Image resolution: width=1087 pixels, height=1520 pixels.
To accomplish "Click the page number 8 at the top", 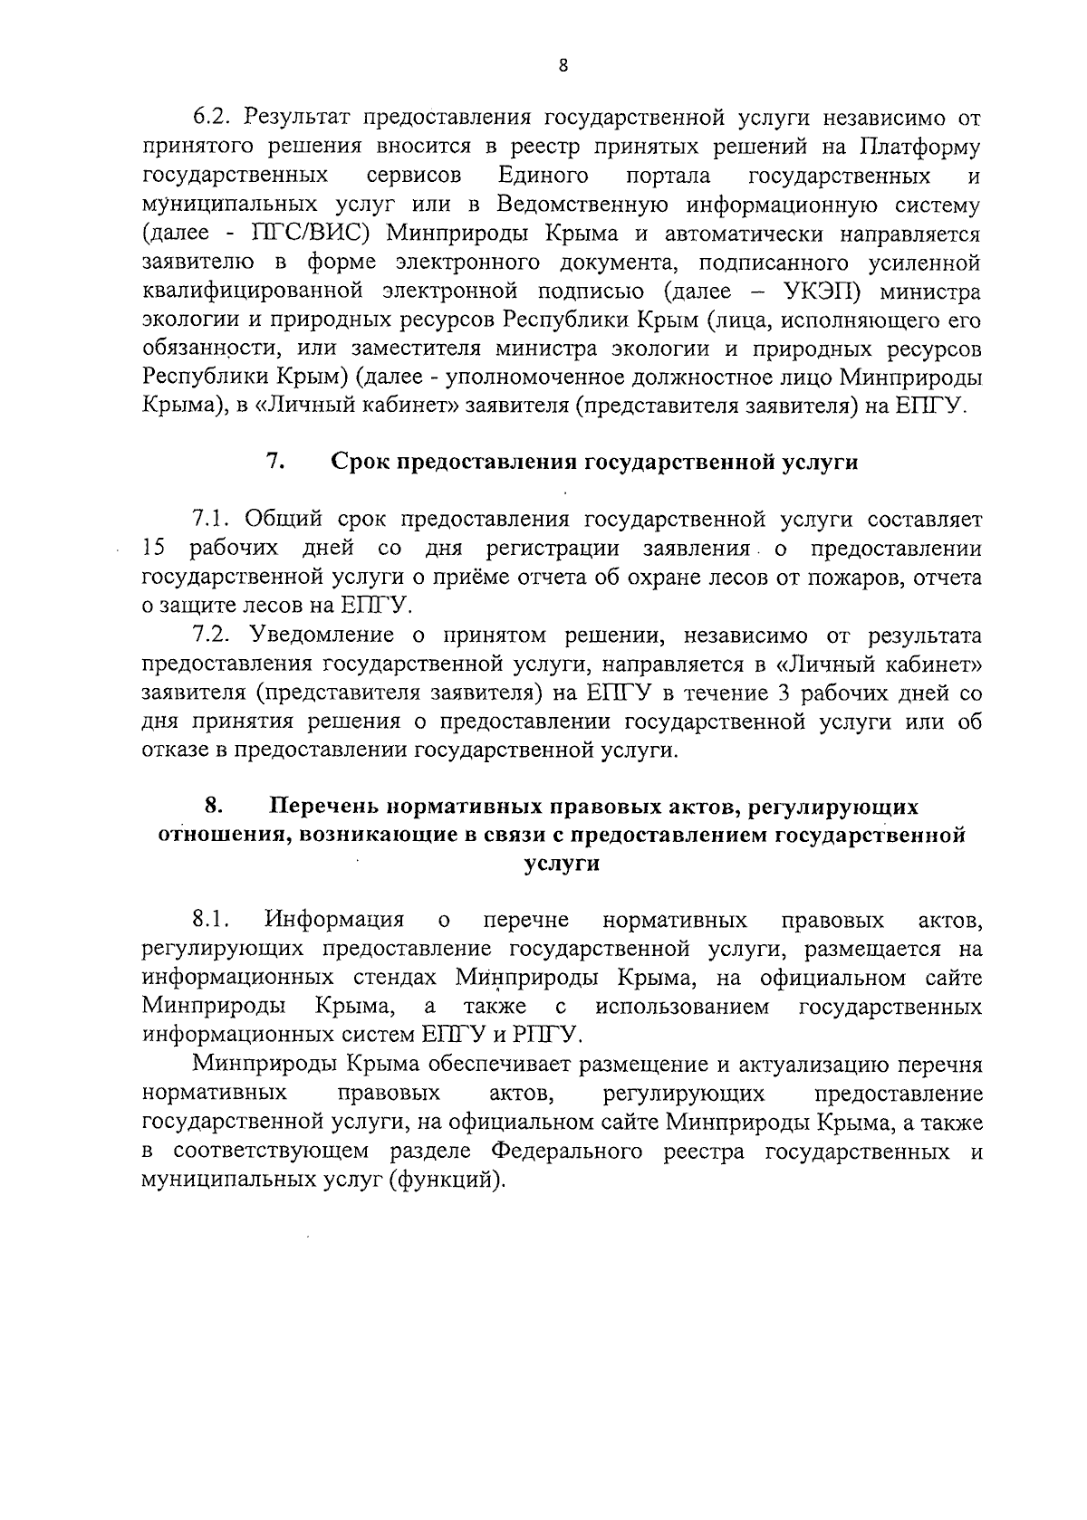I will pos(563,65).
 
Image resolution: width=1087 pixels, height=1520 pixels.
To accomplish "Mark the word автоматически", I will pos(737,233).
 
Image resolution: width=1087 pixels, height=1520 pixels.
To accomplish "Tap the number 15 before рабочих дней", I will pos(155,548).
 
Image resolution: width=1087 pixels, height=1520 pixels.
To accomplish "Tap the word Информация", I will pos(334,921).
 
